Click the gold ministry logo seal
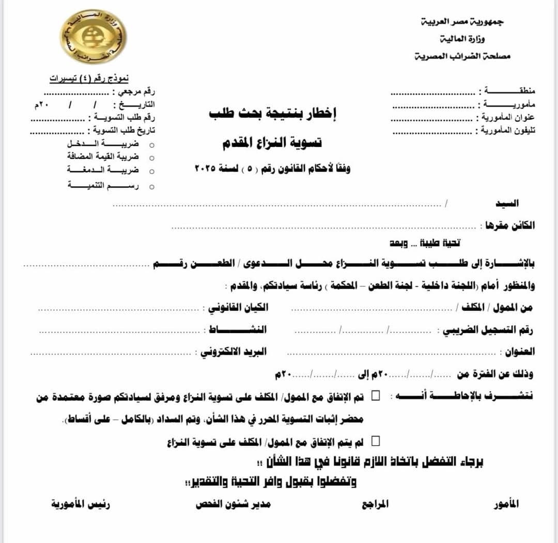click(x=93, y=37)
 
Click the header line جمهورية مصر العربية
click(x=462, y=22)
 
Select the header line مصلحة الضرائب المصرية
click(x=462, y=56)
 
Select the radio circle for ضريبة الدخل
click(x=151, y=145)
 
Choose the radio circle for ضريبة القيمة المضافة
click(x=151, y=157)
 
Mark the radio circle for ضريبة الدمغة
click(x=151, y=171)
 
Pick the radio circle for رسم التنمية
click(x=151, y=186)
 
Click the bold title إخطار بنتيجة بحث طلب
click(x=273, y=114)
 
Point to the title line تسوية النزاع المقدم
click(x=272, y=143)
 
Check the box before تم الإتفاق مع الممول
click(x=376, y=396)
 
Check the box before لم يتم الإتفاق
click(x=376, y=441)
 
